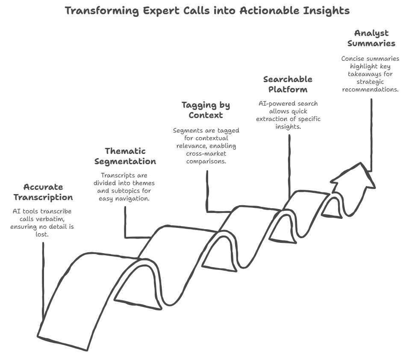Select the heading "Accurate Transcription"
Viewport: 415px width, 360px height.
coord(43,192)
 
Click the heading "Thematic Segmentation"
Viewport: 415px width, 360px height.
coord(125,156)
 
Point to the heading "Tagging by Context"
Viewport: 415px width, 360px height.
coord(206,110)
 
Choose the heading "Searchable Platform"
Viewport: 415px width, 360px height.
coord(288,84)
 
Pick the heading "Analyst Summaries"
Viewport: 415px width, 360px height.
coord(371,38)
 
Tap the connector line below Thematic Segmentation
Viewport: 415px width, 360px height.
coord(125,222)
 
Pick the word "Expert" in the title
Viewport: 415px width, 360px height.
coord(157,11)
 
